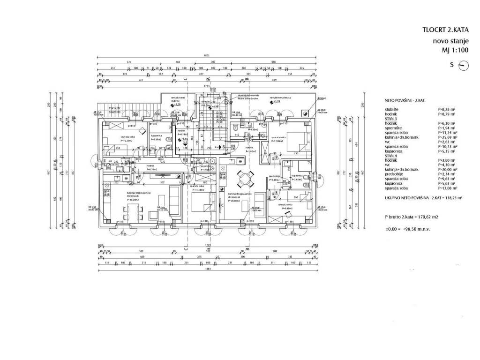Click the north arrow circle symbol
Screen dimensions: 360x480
(463, 66)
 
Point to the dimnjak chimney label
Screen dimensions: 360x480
(308, 98)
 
